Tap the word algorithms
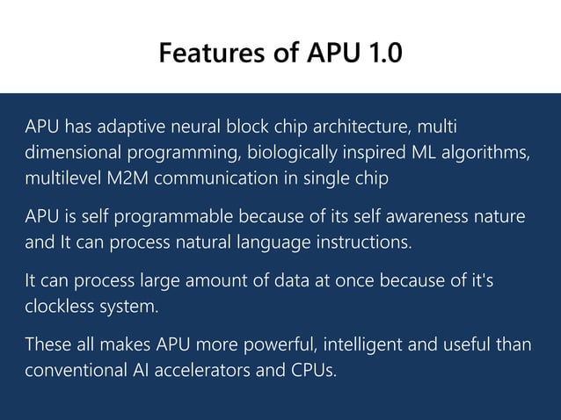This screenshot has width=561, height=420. [490, 152]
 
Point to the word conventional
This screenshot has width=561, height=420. [69, 371]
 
